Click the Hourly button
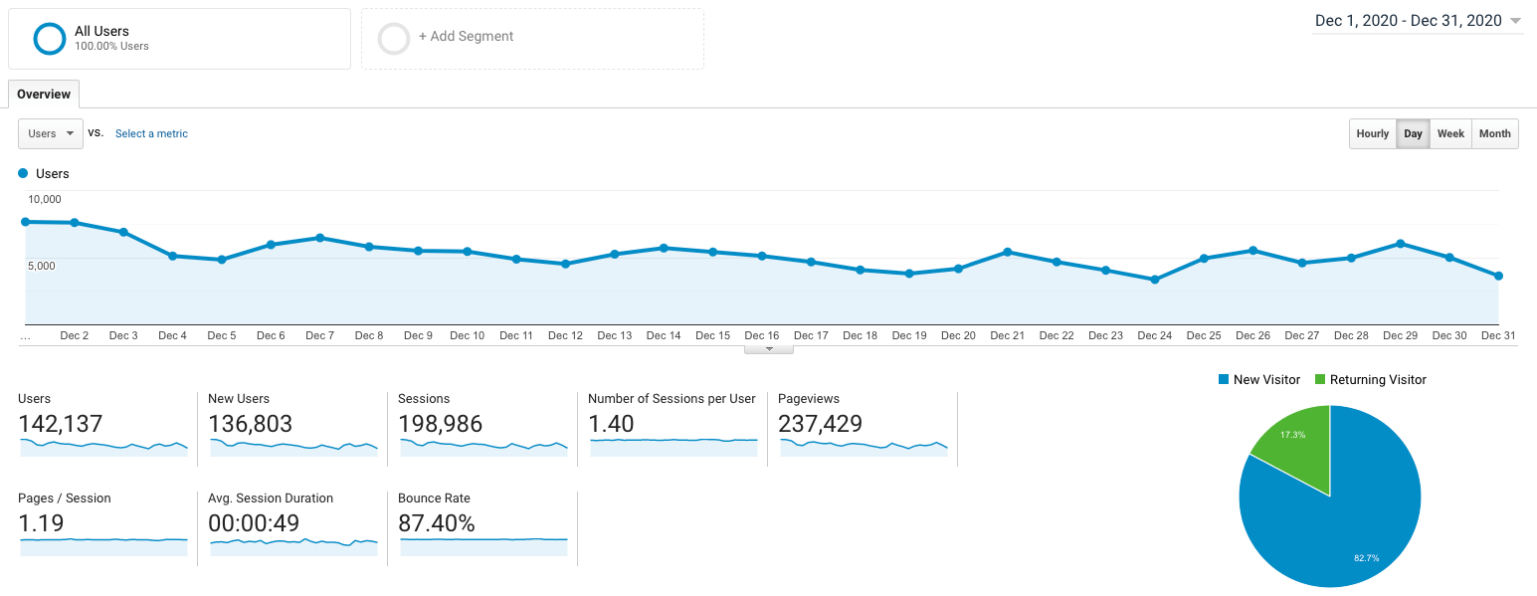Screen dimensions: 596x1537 click(x=1372, y=133)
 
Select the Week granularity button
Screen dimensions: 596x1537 click(x=1450, y=133)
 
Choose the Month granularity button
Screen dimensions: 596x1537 click(x=1494, y=133)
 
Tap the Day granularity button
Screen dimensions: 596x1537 click(x=1413, y=133)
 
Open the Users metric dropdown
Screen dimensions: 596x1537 click(x=51, y=133)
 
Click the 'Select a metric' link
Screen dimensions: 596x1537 click(x=151, y=133)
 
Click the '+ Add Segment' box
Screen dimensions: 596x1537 click(x=532, y=38)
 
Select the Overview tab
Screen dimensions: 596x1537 click(x=44, y=95)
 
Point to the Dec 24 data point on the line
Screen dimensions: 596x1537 click(x=1154, y=280)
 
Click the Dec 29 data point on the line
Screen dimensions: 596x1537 click(x=1400, y=244)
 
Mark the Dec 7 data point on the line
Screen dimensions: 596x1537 click(x=319, y=238)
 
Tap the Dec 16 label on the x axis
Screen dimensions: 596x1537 click(x=761, y=335)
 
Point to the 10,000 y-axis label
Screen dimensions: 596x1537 click(x=45, y=199)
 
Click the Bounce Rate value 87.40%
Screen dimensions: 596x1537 click(x=436, y=523)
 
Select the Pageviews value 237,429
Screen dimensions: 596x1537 click(x=820, y=424)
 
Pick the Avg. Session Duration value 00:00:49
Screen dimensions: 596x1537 click(x=254, y=523)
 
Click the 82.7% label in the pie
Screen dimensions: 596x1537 click(x=1366, y=558)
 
